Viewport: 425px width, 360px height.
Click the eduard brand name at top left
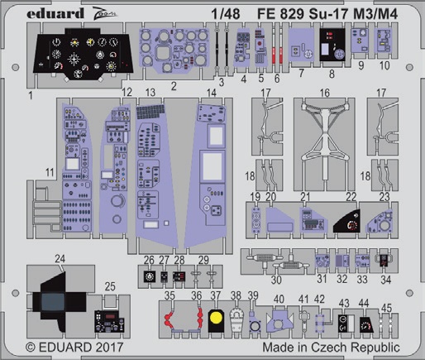coord(55,13)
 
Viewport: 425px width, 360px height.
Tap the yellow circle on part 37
coord(216,318)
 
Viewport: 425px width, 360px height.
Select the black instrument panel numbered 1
coord(83,54)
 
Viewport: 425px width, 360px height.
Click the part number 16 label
coord(325,93)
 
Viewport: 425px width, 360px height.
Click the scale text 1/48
coord(226,14)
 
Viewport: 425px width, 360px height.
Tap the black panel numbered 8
coord(332,45)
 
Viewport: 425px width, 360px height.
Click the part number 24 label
coord(60,259)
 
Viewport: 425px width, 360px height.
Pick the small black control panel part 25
coord(109,321)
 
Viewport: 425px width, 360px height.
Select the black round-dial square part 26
coord(150,276)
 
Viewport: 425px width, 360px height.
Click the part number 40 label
coord(279,299)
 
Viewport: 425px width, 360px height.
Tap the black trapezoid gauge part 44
coord(366,324)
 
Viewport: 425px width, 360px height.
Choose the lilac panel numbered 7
coord(301,45)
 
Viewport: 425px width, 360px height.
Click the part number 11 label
coord(50,172)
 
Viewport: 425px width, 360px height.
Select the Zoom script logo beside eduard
coord(105,14)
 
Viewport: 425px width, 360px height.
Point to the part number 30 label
coord(276,280)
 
